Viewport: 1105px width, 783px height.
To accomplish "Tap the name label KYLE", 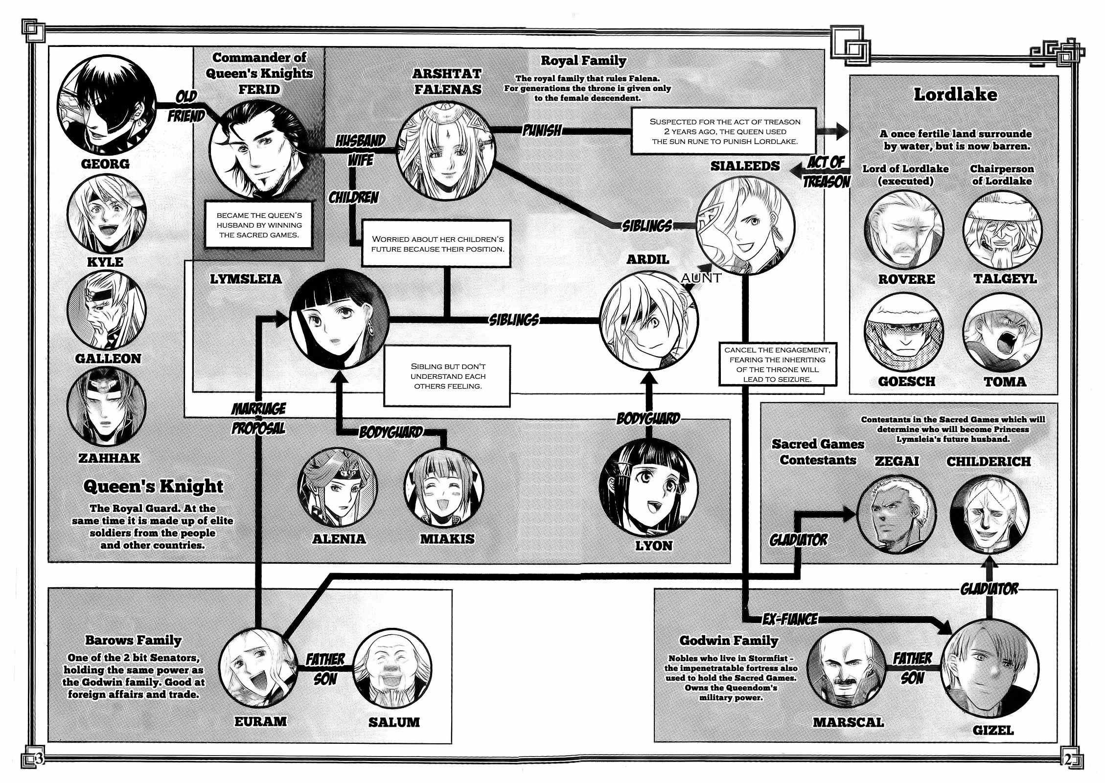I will tap(105, 261).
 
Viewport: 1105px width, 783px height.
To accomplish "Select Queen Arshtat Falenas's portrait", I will tap(445, 149).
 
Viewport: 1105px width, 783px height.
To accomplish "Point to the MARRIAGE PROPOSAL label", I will tap(258, 418).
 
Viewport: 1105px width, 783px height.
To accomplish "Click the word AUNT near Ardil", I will tap(701, 278).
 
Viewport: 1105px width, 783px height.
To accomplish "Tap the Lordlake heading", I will tap(955, 94).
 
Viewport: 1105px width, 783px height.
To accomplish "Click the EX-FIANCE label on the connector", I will tap(790, 619).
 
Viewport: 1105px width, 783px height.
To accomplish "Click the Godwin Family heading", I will tap(729, 640).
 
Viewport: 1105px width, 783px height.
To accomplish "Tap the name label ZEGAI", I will tap(897, 461).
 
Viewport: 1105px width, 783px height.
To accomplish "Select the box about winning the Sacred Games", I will tap(259, 225).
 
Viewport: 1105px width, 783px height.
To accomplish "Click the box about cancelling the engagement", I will tap(777, 365).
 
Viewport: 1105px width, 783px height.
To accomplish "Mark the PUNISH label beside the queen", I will tap(541, 130).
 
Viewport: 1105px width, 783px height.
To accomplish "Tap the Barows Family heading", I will tap(133, 640).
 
